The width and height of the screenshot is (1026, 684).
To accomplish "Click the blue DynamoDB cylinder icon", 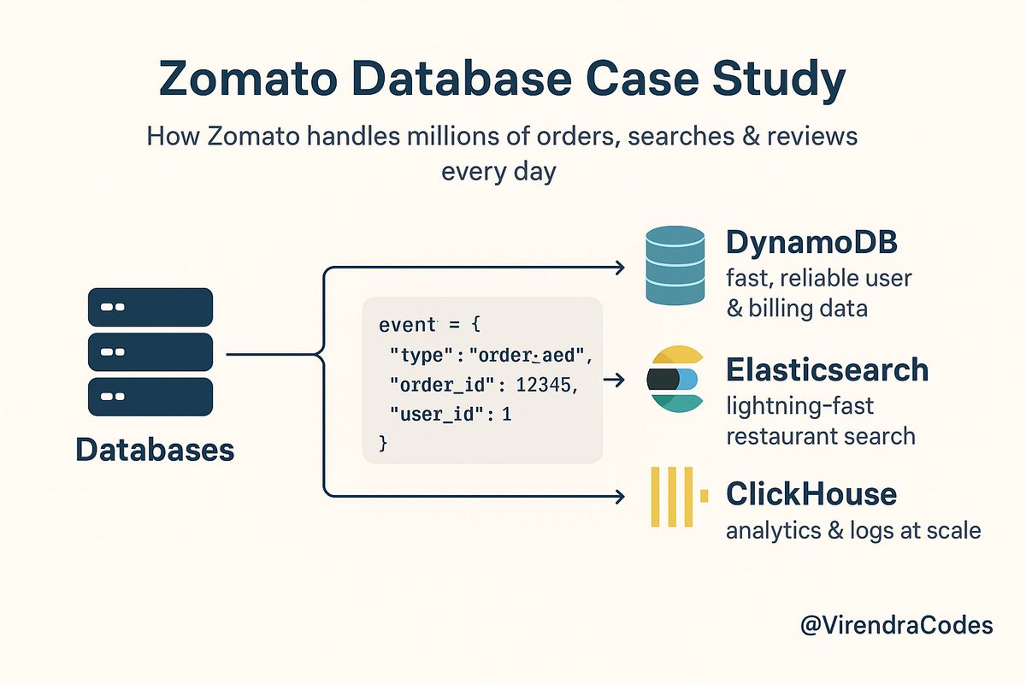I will tap(675, 267).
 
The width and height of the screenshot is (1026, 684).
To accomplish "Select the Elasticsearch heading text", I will tap(827, 369).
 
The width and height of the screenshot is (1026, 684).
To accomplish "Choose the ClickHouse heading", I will tap(811, 493).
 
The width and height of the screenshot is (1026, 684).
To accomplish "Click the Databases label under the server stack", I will tap(155, 449).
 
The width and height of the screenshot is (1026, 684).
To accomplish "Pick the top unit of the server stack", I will tap(150, 306).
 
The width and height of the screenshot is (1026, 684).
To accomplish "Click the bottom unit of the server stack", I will tap(150, 397).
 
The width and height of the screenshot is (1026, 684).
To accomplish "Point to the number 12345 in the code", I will tap(546, 385).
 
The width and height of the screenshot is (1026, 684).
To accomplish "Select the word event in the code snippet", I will tap(407, 325).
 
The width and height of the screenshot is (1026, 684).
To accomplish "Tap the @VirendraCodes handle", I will tap(896, 625).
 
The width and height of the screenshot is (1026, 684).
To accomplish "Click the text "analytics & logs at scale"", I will tap(852, 530).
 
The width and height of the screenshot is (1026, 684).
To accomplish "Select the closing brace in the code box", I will tap(383, 444).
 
